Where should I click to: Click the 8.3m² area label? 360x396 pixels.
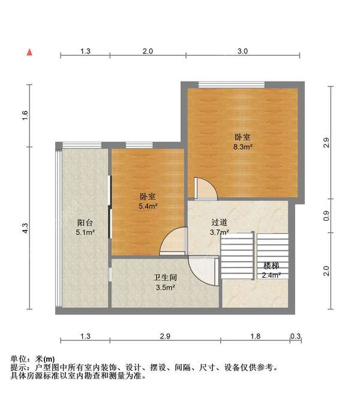coord(242,146)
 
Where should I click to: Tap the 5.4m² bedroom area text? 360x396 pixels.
coord(148,206)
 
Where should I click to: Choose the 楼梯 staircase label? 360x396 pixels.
coord(271,266)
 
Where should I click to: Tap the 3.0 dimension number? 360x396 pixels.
coord(242,52)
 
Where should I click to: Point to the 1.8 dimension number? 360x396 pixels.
coord(255,335)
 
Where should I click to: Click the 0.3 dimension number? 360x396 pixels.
coord(295,335)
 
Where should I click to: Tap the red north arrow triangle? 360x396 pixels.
coord(28,52)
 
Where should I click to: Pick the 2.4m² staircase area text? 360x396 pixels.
coord(271,275)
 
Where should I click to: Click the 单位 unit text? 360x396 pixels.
coord(19,359)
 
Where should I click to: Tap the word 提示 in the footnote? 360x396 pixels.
coord(19,367)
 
